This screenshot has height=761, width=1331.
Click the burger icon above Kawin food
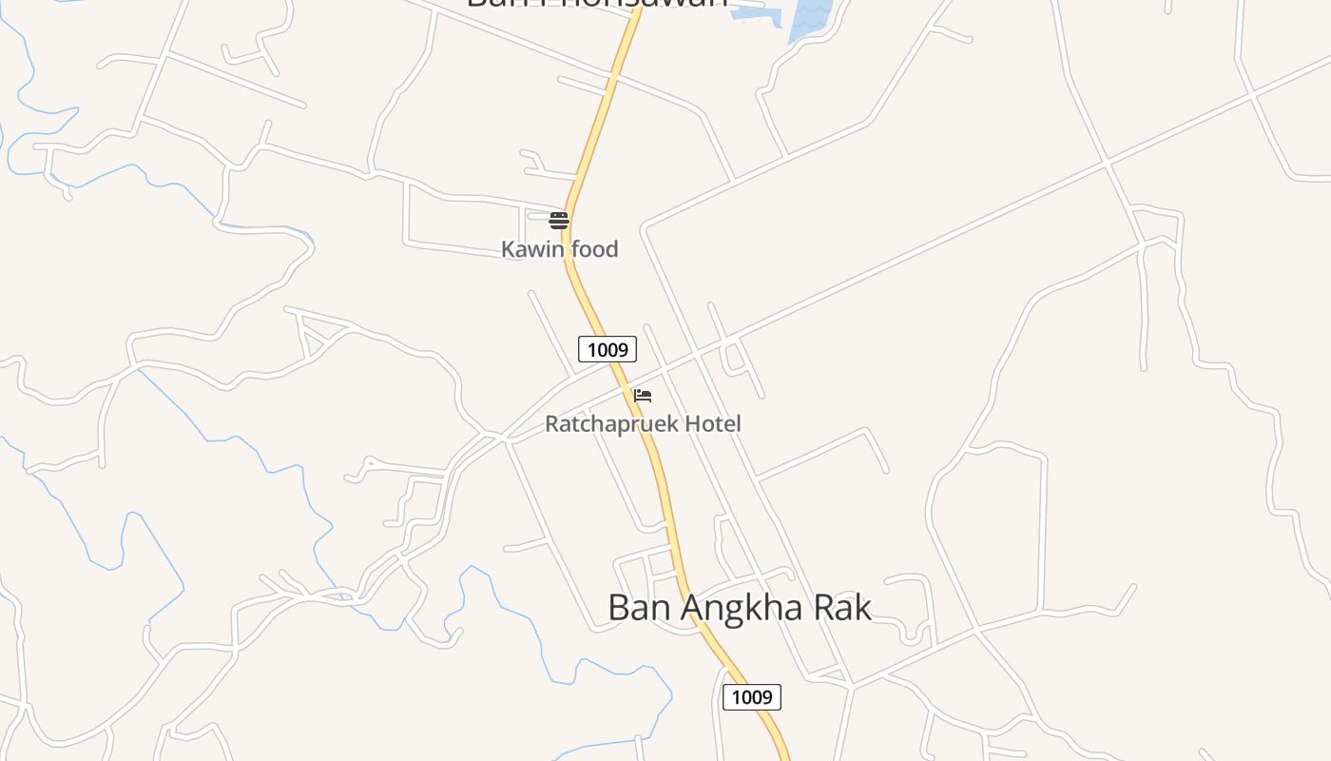559,221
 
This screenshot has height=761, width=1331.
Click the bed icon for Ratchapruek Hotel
643,396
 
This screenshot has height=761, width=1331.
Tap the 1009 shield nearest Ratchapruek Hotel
608,349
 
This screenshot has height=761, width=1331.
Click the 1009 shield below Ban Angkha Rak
752,697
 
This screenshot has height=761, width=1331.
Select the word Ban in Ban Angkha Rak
632,607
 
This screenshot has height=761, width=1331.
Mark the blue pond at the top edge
809,15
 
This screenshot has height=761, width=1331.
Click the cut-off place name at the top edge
597,4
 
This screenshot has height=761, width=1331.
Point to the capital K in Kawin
508,249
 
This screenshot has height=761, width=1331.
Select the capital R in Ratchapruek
551,424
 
